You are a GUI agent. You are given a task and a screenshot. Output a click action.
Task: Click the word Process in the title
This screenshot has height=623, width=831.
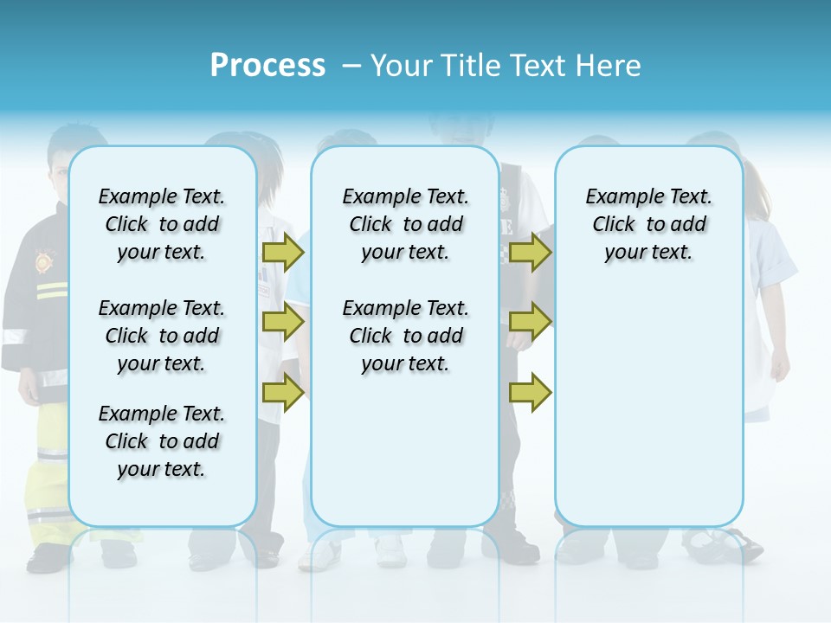point(267,66)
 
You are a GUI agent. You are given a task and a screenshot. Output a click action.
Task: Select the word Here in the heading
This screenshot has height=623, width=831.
point(609,66)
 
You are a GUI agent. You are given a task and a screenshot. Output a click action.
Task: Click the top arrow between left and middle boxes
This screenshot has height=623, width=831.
point(283,252)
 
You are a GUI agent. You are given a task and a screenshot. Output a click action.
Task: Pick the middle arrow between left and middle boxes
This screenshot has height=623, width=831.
point(283,322)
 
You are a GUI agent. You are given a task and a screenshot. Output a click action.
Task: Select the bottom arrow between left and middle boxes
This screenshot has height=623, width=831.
point(283,393)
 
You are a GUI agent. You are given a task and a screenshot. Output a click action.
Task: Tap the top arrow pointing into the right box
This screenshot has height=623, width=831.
point(531,252)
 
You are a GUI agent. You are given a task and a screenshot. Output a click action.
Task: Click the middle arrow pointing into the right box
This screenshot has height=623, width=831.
point(531,322)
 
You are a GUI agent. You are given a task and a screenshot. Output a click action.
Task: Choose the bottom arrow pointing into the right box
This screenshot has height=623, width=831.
point(531,393)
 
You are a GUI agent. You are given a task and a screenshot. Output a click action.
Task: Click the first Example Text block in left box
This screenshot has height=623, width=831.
point(162,224)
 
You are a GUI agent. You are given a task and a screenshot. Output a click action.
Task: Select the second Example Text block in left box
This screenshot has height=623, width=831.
point(162,336)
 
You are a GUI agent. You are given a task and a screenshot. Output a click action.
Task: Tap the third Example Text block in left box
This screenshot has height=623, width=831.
point(162,441)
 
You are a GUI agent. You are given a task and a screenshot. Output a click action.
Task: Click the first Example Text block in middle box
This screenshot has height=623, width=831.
point(405,224)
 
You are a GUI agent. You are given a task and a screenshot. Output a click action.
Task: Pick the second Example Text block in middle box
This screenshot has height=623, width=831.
point(405,336)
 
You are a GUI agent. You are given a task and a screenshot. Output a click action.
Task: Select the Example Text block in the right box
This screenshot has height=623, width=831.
point(648,224)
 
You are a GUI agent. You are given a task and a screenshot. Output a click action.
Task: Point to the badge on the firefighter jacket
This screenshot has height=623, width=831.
point(46,260)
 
